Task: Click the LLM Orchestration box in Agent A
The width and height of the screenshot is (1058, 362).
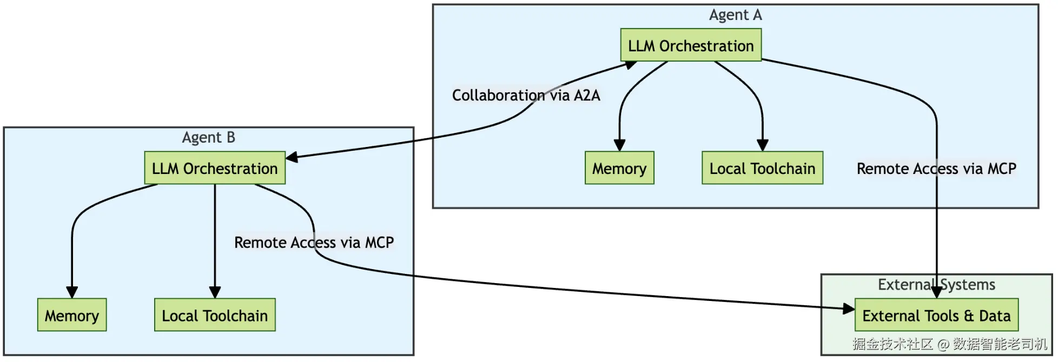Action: [691, 45]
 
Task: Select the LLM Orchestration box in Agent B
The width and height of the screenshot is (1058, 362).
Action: [215, 168]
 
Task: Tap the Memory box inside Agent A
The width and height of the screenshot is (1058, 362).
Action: [619, 168]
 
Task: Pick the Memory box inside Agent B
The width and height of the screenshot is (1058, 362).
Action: [72, 315]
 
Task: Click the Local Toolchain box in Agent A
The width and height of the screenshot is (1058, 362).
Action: [762, 168]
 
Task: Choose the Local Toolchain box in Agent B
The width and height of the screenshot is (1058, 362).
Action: [215, 315]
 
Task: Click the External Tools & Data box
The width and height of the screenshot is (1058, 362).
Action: [936, 315]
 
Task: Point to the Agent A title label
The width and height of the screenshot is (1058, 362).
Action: [735, 15]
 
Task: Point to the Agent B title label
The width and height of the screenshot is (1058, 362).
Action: [208, 137]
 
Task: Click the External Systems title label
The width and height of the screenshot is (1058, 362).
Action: [936, 284]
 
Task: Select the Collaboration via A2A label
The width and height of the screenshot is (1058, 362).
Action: [526, 95]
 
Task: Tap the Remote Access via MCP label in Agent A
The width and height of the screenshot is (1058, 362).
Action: [936, 169]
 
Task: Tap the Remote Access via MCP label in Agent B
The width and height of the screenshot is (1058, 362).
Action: [314, 242]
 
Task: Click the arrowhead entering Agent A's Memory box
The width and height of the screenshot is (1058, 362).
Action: [619, 145]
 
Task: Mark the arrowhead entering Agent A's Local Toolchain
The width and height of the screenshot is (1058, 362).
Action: [762, 145]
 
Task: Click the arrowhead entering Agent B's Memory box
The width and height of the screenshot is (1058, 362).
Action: [72, 292]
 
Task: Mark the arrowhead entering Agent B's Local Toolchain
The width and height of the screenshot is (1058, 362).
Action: [215, 292]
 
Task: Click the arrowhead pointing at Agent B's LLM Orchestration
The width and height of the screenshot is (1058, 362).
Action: [292, 157]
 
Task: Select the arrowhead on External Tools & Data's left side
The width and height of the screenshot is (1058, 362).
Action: [848, 309]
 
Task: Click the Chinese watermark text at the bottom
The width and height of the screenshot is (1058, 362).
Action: [950, 344]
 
